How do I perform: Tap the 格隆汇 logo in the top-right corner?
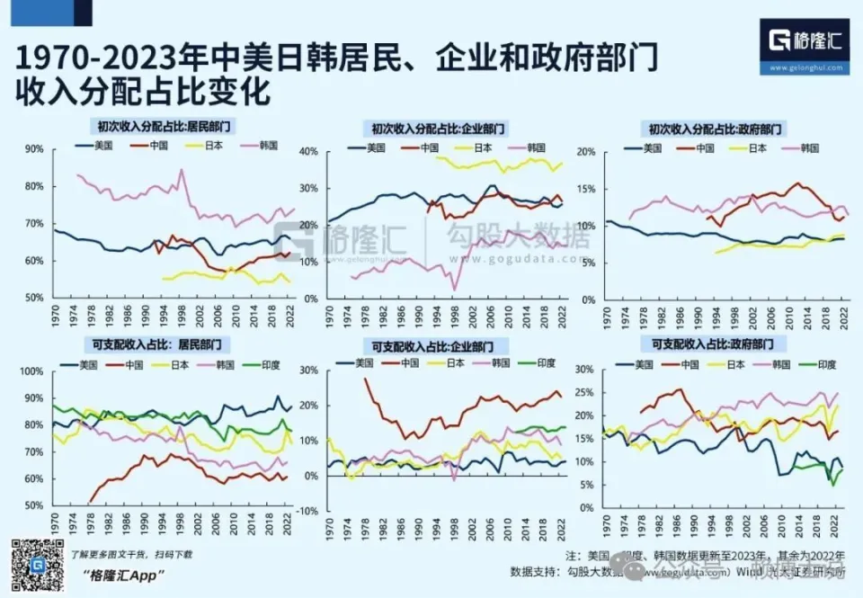(804, 40)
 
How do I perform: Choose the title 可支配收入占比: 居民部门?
(157, 344)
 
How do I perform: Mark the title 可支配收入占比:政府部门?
(714, 344)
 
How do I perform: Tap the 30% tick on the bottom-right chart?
(584, 370)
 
